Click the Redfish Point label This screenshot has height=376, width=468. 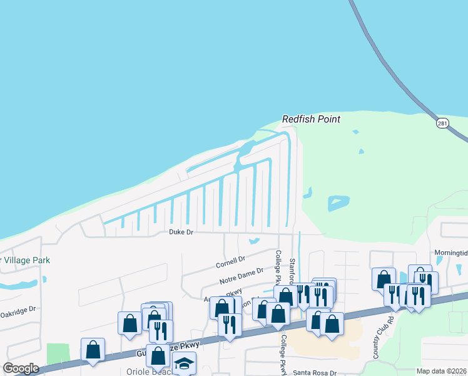310,118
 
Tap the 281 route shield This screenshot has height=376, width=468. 443,123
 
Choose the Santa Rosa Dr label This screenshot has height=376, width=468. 315,372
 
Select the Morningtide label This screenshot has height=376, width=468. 450,253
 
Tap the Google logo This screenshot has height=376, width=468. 21,368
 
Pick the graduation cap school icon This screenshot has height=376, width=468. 184,363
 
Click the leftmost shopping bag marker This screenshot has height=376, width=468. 93,350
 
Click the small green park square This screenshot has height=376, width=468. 58,353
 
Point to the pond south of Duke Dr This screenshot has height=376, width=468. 253,241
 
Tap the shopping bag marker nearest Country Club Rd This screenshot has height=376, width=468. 383,279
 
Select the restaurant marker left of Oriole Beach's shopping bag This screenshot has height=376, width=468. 161,330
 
